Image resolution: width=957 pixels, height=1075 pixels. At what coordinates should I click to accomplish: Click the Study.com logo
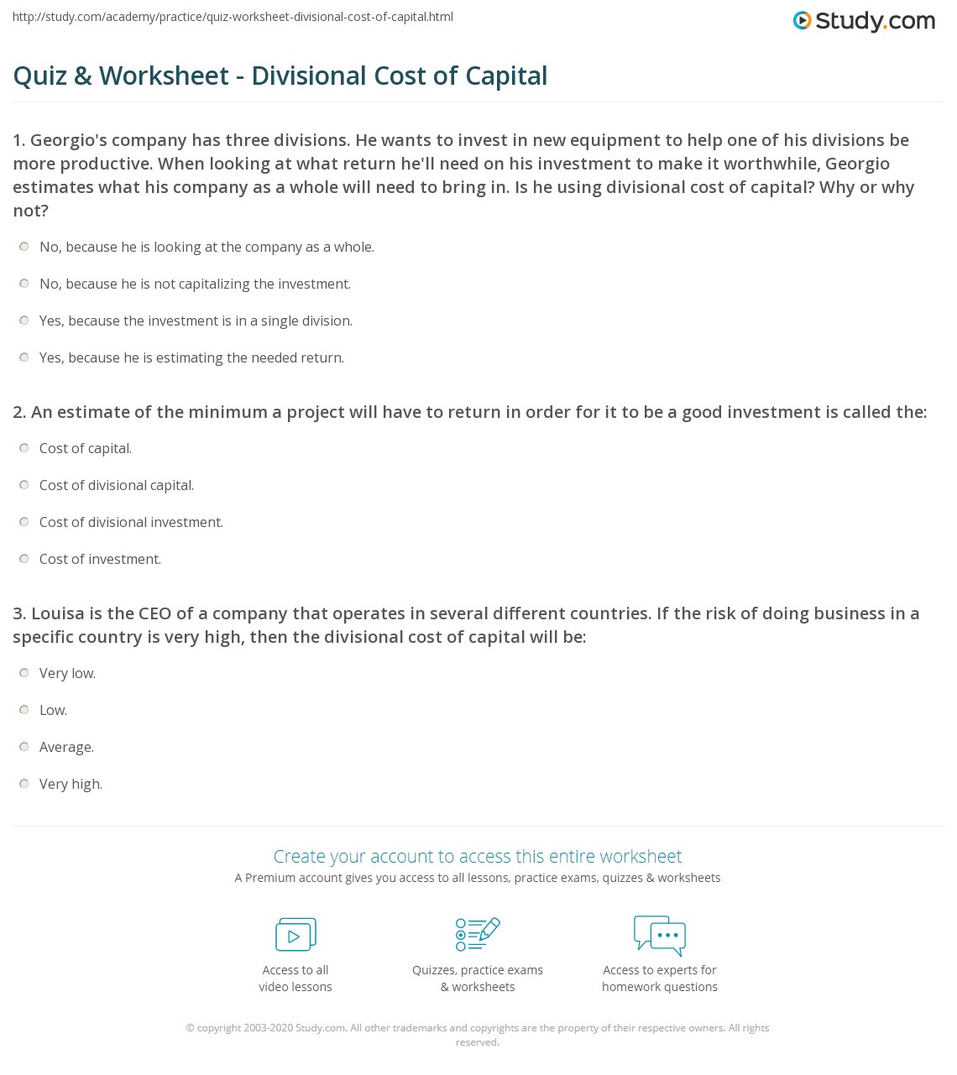tap(864, 21)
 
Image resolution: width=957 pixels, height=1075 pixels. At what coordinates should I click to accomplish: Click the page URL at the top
tap(233, 17)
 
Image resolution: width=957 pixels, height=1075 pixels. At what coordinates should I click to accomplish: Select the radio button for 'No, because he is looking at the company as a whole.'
tap(24, 247)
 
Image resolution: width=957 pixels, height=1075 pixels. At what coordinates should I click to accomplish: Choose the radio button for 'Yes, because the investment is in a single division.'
tap(24, 321)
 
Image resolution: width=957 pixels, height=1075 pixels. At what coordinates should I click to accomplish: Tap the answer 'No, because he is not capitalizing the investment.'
tap(195, 284)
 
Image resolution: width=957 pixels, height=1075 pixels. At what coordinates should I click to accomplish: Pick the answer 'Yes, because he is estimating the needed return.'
tap(191, 358)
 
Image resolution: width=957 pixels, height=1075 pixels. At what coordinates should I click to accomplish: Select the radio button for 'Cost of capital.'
tap(24, 448)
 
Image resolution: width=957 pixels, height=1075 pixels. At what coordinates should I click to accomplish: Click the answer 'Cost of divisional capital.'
tap(116, 486)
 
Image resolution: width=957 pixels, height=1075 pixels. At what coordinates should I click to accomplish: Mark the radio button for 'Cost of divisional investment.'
tap(24, 522)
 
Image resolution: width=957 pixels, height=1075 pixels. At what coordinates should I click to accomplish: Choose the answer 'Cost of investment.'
tap(100, 560)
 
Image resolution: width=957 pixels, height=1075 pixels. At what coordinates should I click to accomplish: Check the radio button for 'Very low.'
tap(24, 673)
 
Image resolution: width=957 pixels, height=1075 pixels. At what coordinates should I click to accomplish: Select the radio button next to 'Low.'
tap(24, 710)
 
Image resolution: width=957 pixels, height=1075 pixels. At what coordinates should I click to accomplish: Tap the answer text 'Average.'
tap(66, 748)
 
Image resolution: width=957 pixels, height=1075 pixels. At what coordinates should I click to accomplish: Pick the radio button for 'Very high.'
tap(24, 784)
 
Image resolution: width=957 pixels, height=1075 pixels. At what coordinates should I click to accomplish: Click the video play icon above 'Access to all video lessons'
tap(295, 935)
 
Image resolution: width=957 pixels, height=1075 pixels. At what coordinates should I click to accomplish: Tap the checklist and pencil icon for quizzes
tap(478, 935)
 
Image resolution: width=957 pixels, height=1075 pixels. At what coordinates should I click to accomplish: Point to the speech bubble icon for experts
tap(660, 935)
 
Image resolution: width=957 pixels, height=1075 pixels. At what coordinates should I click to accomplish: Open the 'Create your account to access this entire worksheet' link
tap(478, 857)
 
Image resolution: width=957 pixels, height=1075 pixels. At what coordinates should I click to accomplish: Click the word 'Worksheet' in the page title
tap(164, 76)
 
